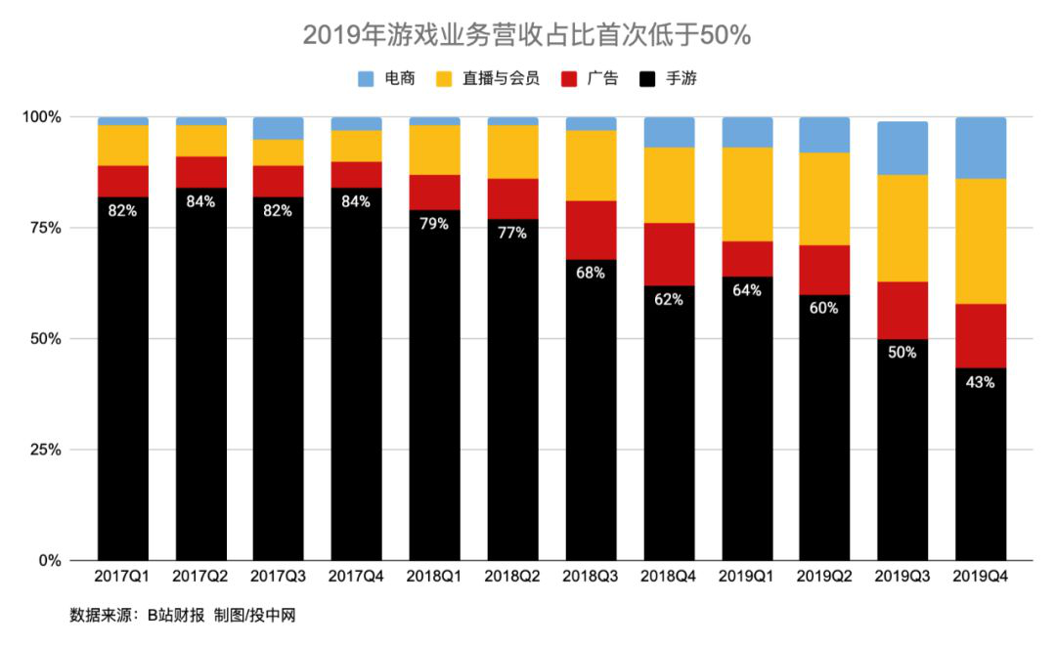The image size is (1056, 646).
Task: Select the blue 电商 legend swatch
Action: (x=366, y=78)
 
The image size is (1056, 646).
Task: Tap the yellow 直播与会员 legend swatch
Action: (x=443, y=78)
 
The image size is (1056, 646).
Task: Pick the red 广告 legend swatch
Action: (x=568, y=78)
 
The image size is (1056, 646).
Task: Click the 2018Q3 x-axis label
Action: (x=591, y=578)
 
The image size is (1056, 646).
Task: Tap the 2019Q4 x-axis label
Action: (x=981, y=578)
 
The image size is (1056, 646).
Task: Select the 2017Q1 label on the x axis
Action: (x=123, y=578)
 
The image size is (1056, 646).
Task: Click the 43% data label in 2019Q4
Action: (x=981, y=382)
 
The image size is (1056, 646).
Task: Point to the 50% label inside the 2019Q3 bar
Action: (x=902, y=352)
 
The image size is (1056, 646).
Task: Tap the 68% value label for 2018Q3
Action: (x=591, y=273)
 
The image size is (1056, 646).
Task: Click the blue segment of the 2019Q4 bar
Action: (x=981, y=148)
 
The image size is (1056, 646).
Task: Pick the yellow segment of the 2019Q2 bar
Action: (x=824, y=198)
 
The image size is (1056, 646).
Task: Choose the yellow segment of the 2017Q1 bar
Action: (x=123, y=145)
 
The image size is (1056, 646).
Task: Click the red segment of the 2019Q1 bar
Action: (x=747, y=259)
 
